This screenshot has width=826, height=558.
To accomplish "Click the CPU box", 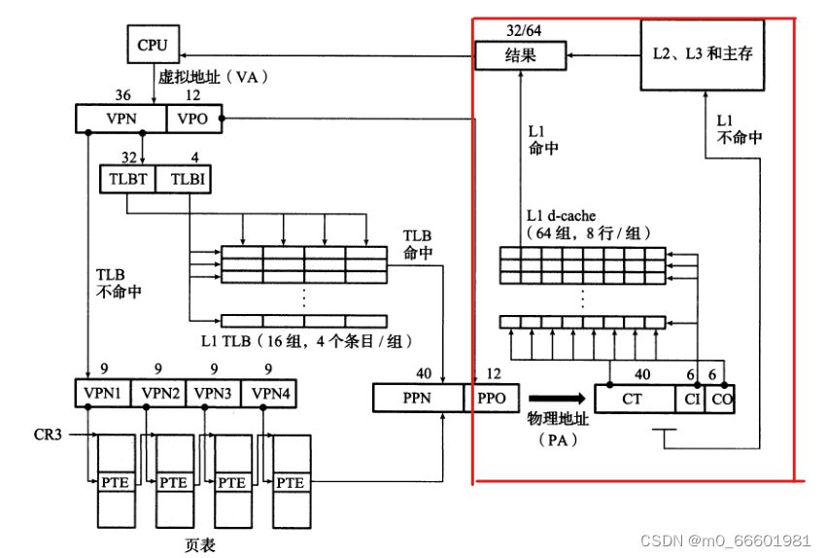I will point(153,45).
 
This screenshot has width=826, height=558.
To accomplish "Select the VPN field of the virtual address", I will point(121,119).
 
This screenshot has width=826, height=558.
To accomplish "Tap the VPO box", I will point(194,119).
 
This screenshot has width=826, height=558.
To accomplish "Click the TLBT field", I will point(127,179).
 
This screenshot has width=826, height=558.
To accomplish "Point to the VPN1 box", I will point(102,393).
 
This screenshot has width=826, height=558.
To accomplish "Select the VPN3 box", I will point(213,393).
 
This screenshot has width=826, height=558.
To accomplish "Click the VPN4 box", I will point(268,393).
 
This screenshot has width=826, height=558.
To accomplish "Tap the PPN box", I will point(418,398).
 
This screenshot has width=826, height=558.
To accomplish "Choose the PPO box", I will point(493,398).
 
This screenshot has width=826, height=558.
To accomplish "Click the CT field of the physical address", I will point(634,398).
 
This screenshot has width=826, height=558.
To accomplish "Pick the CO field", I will point(719,398).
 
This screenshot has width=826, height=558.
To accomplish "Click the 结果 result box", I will point(520,55).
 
